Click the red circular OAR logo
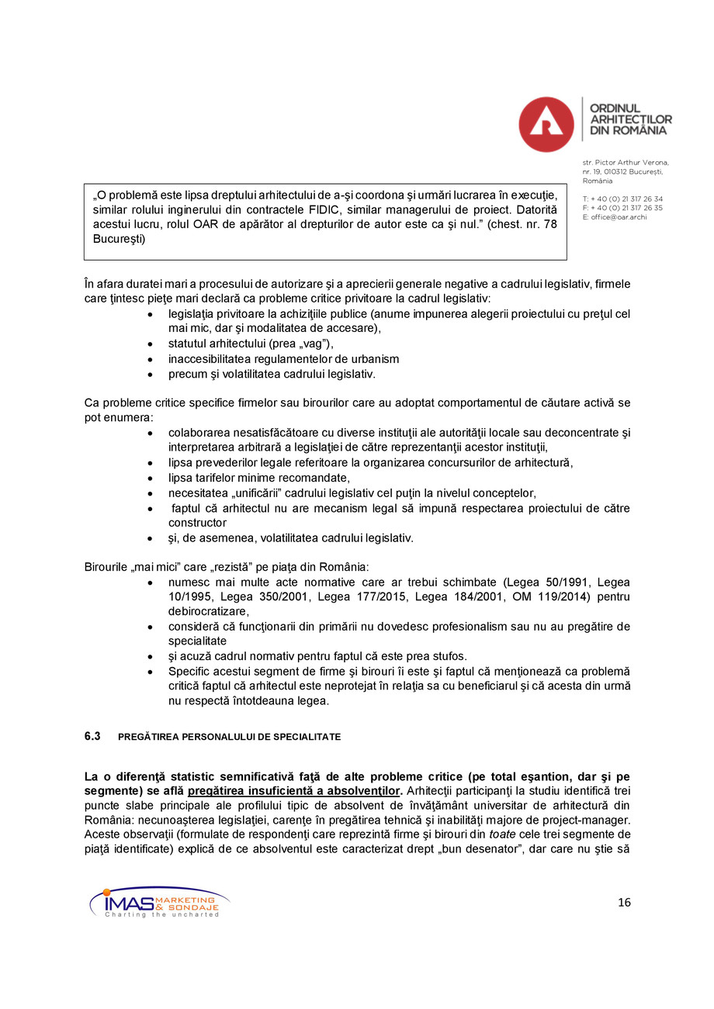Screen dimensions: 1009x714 (546, 124)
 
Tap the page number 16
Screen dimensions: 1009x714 (624, 902)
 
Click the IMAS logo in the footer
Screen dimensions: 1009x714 (159, 902)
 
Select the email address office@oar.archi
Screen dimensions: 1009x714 (619, 217)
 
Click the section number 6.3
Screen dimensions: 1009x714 (92, 737)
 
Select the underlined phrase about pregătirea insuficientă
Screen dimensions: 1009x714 (295, 791)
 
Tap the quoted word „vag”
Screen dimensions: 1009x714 (313, 344)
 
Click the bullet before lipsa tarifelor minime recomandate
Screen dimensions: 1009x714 (150, 478)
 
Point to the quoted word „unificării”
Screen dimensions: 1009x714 (262, 492)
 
